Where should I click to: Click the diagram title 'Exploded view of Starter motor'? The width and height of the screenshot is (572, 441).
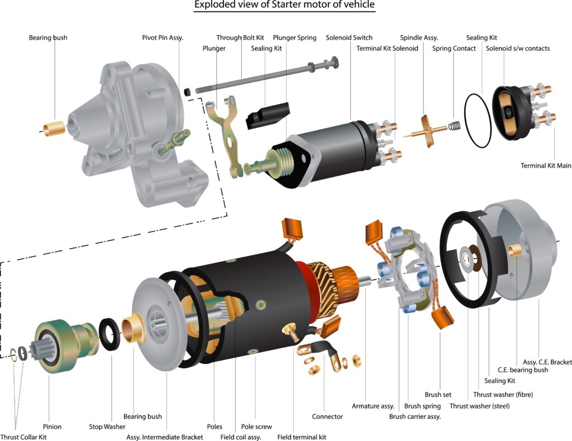click(284, 6)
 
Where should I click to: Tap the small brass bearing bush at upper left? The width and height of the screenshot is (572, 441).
click(55, 128)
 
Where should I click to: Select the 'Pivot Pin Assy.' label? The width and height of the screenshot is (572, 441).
click(163, 38)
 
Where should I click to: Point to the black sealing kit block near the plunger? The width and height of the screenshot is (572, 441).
click(268, 114)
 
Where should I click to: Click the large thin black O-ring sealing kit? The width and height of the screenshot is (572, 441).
click(478, 121)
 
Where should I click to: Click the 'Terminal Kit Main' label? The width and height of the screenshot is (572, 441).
click(546, 166)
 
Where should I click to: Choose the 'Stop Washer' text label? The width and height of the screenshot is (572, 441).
click(107, 427)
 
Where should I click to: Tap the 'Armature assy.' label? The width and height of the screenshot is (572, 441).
click(373, 406)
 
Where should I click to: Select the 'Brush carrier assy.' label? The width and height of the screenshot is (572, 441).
click(415, 416)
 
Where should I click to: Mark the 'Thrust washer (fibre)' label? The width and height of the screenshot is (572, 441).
click(503, 395)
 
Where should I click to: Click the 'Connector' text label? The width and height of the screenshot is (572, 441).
click(327, 416)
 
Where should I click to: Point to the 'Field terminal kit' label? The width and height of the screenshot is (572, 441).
click(302, 437)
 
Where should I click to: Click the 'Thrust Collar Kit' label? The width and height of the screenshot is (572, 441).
click(23, 437)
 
